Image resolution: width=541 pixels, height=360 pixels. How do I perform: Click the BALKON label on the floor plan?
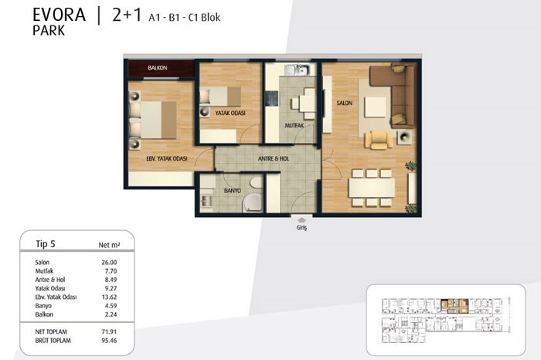[x=158, y=68]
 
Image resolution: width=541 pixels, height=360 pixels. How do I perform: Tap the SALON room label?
[x=345, y=103]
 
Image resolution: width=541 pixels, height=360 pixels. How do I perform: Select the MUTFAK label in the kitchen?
[x=294, y=125]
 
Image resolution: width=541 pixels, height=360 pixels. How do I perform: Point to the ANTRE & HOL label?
[x=274, y=158]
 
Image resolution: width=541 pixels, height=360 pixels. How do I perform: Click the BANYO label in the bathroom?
[x=233, y=190]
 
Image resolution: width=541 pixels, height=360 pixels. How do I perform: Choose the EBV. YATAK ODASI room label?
[x=167, y=158]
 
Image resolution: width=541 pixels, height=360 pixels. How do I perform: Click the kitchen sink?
[x=297, y=70]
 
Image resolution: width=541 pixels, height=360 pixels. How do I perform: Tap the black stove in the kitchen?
[x=271, y=99]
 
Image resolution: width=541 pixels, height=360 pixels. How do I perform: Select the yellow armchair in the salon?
[x=379, y=140]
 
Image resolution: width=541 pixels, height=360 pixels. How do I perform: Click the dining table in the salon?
[x=372, y=188]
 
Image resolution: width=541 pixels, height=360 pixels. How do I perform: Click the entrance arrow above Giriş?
[x=301, y=220]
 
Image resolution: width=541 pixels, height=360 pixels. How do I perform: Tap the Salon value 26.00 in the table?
[x=109, y=263]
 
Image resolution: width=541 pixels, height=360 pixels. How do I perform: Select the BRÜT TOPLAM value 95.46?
[x=109, y=341]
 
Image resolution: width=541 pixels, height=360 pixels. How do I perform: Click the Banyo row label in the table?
[x=43, y=306]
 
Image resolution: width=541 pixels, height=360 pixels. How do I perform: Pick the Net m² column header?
[x=109, y=245]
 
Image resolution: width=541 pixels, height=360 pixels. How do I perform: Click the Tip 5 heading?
[x=46, y=244]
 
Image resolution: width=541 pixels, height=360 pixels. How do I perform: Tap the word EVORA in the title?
[x=59, y=15]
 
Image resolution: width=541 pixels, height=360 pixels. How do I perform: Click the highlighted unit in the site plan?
[x=454, y=306]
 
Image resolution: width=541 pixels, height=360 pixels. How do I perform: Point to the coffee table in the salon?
[x=375, y=107]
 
